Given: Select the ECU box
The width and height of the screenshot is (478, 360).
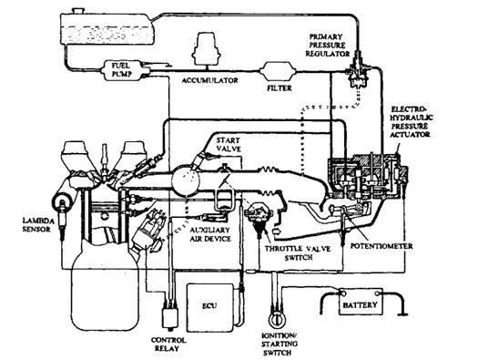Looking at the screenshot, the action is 209,307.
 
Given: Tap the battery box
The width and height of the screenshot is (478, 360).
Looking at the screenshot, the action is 361,302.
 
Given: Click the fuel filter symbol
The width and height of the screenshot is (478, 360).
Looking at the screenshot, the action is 278,72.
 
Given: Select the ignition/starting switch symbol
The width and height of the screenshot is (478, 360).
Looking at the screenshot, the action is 277,318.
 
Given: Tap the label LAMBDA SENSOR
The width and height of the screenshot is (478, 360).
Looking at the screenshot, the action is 38,224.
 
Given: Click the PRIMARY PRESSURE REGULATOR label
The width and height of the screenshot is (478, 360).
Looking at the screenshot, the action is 328,46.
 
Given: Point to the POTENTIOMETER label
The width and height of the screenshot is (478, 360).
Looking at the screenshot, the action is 381,246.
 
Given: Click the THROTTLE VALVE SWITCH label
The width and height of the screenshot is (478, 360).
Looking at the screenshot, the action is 298,253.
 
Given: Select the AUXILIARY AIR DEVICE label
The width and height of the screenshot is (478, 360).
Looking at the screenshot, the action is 210,234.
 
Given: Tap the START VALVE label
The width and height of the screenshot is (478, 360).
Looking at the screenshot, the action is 229,145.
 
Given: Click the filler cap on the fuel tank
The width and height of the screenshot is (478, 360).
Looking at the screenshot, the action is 78,10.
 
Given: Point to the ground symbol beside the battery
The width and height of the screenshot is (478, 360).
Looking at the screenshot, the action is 403,314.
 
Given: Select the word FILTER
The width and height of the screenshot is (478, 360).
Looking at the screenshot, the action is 280,88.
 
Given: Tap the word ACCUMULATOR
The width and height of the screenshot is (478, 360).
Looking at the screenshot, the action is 210,80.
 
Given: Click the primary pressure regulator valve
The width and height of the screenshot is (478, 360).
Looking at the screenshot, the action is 357,71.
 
